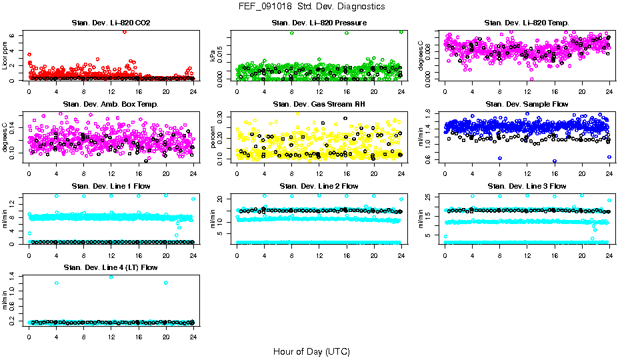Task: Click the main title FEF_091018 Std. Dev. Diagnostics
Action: (311, 7)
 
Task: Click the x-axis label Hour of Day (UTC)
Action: (311, 351)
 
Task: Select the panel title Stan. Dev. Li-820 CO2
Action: (111, 23)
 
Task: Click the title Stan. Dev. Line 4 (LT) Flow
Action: (111, 267)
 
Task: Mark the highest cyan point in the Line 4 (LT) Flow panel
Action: (111, 277)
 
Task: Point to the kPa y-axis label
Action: (213, 56)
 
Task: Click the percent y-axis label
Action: (213, 137)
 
